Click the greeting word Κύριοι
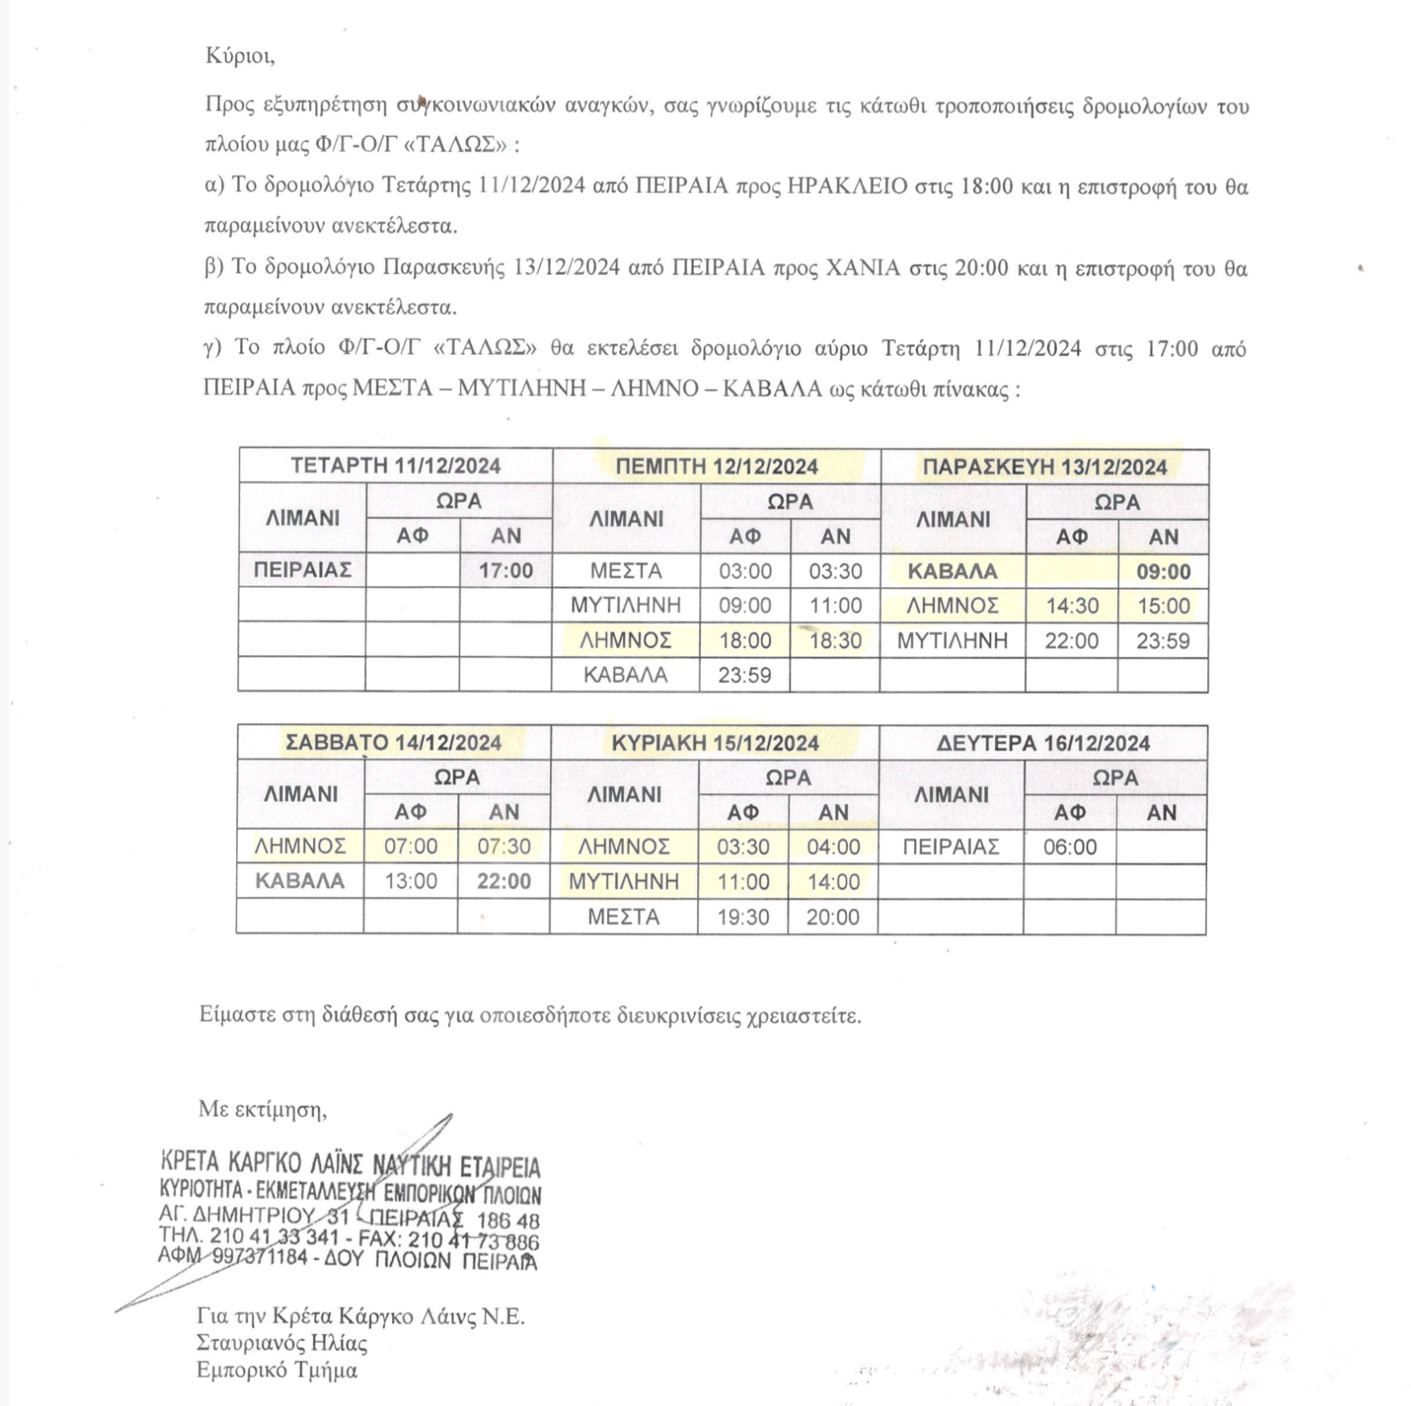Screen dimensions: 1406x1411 pyautogui.click(x=239, y=55)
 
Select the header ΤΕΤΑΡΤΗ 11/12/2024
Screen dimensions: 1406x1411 pyautogui.click(x=395, y=466)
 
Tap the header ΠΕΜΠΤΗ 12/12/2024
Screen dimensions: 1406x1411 pyautogui.click(x=716, y=467)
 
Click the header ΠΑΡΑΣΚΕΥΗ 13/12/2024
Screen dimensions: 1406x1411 pyautogui.click(x=1044, y=467)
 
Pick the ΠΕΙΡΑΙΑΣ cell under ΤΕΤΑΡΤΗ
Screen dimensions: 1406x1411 pyautogui.click(x=303, y=570)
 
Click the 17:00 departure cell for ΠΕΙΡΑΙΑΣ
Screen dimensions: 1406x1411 pyautogui.click(x=506, y=571)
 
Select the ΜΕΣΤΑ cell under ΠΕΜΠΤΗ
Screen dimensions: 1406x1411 pyautogui.click(x=626, y=571)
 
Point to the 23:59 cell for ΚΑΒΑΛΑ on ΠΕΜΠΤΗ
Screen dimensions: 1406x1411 pyautogui.click(x=744, y=675)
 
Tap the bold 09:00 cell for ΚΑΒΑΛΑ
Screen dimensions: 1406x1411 pyautogui.click(x=1163, y=572)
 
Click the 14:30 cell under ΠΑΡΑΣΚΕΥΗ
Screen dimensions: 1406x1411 pyautogui.click(x=1072, y=606)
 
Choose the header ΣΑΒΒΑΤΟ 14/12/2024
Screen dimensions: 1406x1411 pyautogui.click(x=394, y=743)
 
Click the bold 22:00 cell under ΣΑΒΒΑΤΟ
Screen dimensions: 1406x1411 pyautogui.click(x=504, y=882)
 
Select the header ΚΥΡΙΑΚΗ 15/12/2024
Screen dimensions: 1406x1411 pyautogui.click(x=715, y=744)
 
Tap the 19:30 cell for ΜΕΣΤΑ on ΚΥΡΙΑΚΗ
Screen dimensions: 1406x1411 pyautogui.click(x=743, y=917)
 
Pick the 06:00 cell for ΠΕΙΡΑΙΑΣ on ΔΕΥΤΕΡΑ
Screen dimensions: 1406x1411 pyautogui.click(x=1070, y=847)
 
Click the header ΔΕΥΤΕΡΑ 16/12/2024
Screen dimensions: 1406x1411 pyautogui.click(x=1043, y=744)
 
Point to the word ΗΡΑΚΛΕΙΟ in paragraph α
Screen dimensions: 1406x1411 pyautogui.click(x=847, y=186)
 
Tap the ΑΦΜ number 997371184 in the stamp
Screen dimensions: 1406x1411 pyautogui.click(x=259, y=1257)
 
